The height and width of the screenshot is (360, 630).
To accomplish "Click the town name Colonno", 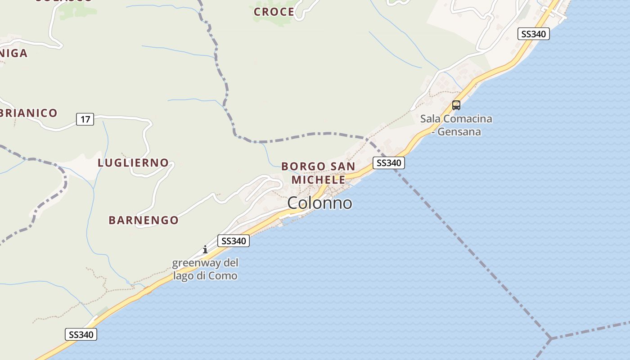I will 319,203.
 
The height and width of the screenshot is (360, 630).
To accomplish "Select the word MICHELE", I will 318,180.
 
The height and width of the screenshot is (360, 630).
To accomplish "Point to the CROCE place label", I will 274,12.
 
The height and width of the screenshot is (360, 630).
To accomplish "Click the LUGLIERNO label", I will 133,163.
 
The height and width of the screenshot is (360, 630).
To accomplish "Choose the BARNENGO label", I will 144,220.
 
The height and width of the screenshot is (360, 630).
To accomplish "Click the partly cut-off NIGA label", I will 14,53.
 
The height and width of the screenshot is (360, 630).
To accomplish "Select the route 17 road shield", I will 85,119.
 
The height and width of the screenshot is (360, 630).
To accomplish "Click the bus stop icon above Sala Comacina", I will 456,105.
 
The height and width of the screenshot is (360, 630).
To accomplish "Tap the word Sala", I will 430,119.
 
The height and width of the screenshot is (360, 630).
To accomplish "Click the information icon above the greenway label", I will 205,249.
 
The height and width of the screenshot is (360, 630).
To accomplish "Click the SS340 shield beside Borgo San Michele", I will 389,163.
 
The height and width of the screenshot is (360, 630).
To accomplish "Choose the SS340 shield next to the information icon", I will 233,241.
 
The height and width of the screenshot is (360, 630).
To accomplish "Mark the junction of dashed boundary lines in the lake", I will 550,338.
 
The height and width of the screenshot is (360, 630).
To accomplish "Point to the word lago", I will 184,275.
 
